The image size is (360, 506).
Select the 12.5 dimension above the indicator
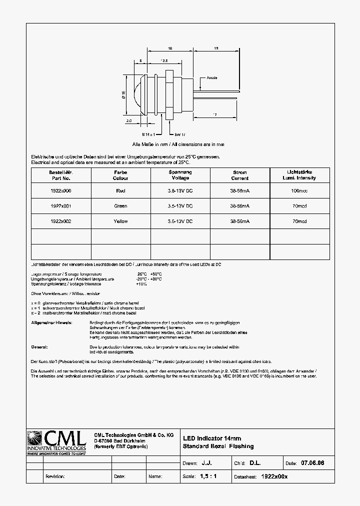(163, 60)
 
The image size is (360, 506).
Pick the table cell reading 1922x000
(61, 190)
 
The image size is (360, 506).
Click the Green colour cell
(120, 206)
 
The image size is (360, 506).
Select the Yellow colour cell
(120, 221)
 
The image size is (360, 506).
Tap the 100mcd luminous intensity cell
(299, 190)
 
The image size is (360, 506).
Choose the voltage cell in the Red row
(180, 190)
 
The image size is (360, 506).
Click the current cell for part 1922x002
(240, 221)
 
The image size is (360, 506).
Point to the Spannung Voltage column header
(180, 175)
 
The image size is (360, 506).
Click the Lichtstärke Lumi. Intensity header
(299, 175)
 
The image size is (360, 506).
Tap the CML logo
(56, 441)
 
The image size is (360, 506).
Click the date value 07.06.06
(312, 463)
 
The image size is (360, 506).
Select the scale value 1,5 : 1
(208, 476)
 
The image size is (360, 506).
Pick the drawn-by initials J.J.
(206, 463)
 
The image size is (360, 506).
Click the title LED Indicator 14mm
(212, 438)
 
